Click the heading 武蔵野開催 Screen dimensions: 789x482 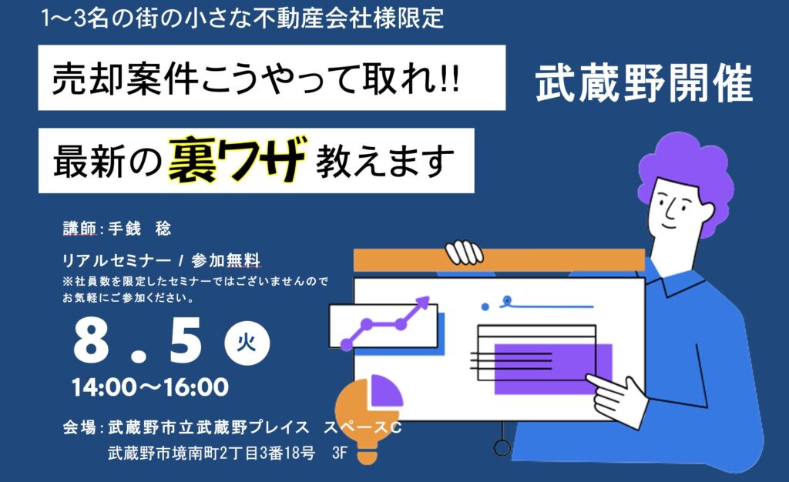(644, 83)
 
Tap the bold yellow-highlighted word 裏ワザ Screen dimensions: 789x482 (237, 159)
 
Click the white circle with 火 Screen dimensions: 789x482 (247, 343)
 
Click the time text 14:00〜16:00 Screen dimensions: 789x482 (150, 387)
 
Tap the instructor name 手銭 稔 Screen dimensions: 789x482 (139, 229)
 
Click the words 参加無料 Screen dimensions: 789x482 (226, 260)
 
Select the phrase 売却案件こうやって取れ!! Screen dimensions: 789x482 (256, 79)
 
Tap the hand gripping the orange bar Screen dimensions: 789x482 (464, 252)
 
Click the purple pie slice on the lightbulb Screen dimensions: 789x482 (387, 390)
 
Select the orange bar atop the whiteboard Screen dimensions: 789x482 (499, 259)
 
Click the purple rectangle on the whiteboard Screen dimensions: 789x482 (553, 369)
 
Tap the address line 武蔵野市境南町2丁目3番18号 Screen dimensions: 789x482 (211, 453)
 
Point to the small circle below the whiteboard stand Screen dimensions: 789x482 (502, 447)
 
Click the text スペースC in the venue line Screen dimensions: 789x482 (362, 427)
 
